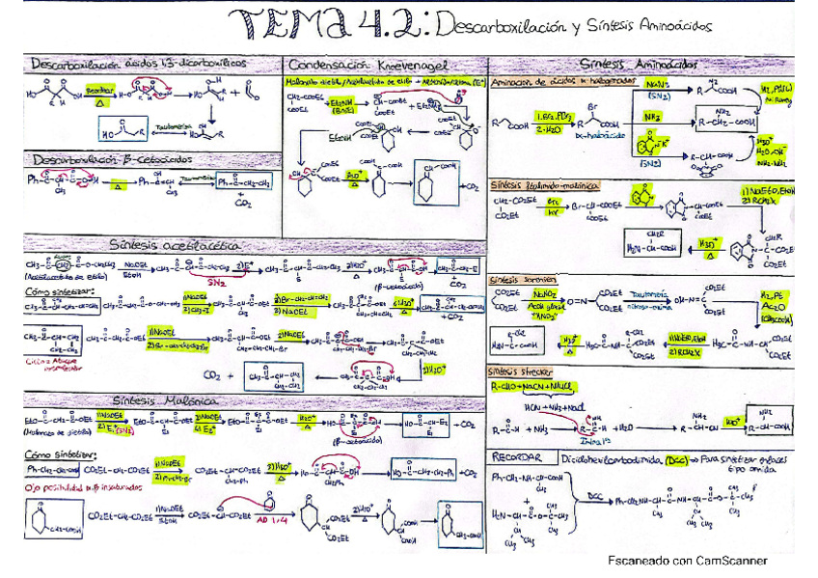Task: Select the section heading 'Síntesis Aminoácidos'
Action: [x=641, y=64]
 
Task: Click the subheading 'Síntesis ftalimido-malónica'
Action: [x=544, y=183]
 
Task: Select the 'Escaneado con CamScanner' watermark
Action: [x=687, y=561]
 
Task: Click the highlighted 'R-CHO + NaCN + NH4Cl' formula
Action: [x=546, y=386]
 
